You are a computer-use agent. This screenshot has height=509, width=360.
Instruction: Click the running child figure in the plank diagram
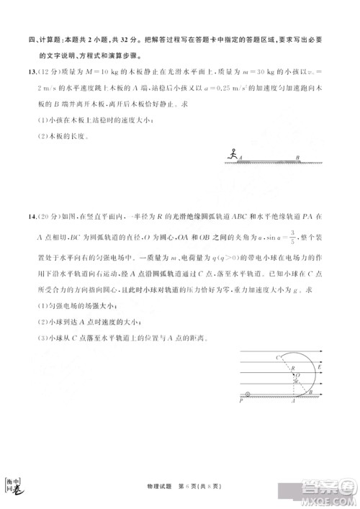[x=231, y=153]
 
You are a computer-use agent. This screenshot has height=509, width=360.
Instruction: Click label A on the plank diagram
[x=240, y=158]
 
